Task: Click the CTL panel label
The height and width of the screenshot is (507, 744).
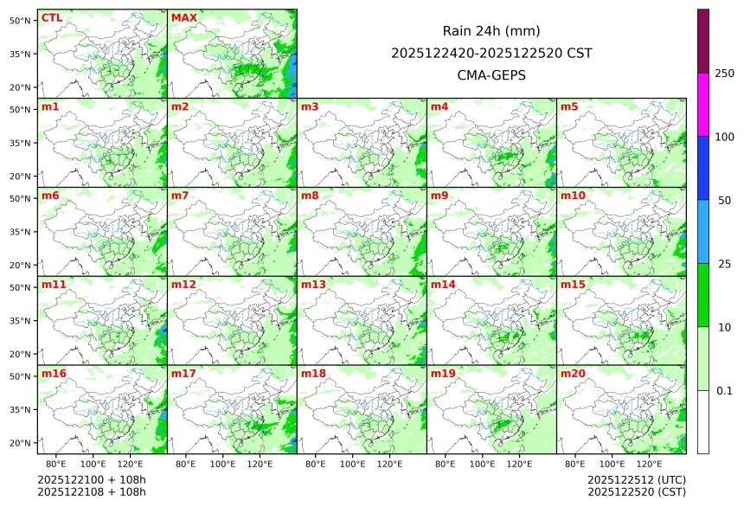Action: pos(52,17)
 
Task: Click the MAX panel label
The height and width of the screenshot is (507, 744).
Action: pos(184,17)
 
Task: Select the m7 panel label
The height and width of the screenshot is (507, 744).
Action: pos(181,196)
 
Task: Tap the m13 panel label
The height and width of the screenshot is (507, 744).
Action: pos(313,285)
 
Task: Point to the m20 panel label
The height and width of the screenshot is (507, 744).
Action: pos(574,374)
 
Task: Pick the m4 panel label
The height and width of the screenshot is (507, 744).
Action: pos(439,106)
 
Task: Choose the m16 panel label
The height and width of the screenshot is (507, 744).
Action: pos(54,374)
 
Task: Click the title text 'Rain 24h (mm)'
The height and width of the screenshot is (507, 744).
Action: pos(491,30)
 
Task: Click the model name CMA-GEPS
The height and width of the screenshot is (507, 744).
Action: pos(491,74)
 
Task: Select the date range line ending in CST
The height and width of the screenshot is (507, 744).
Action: pos(491,53)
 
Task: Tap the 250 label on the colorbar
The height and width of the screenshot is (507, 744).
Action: pos(725,73)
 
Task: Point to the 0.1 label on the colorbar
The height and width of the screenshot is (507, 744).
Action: pos(725,390)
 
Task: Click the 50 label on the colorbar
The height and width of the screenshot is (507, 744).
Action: pos(725,200)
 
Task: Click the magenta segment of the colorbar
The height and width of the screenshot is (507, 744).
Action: pos(703,104)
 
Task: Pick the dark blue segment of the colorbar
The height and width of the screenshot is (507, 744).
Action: pos(703,168)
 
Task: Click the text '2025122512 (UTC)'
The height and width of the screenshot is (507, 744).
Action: pos(636,479)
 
